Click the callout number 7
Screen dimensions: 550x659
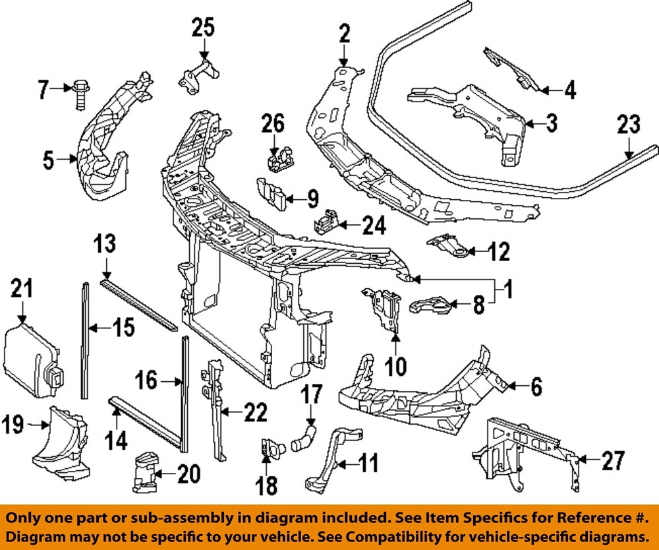coord(43,88)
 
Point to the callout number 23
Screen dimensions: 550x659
coord(629,125)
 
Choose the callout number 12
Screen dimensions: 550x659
coord(498,251)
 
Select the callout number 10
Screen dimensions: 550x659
coord(395,365)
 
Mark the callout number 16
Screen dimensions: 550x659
coord(146,381)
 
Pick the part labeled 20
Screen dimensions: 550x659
coord(146,472)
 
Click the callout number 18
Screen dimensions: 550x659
coord(268,485)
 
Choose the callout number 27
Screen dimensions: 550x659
coord(612,461)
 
